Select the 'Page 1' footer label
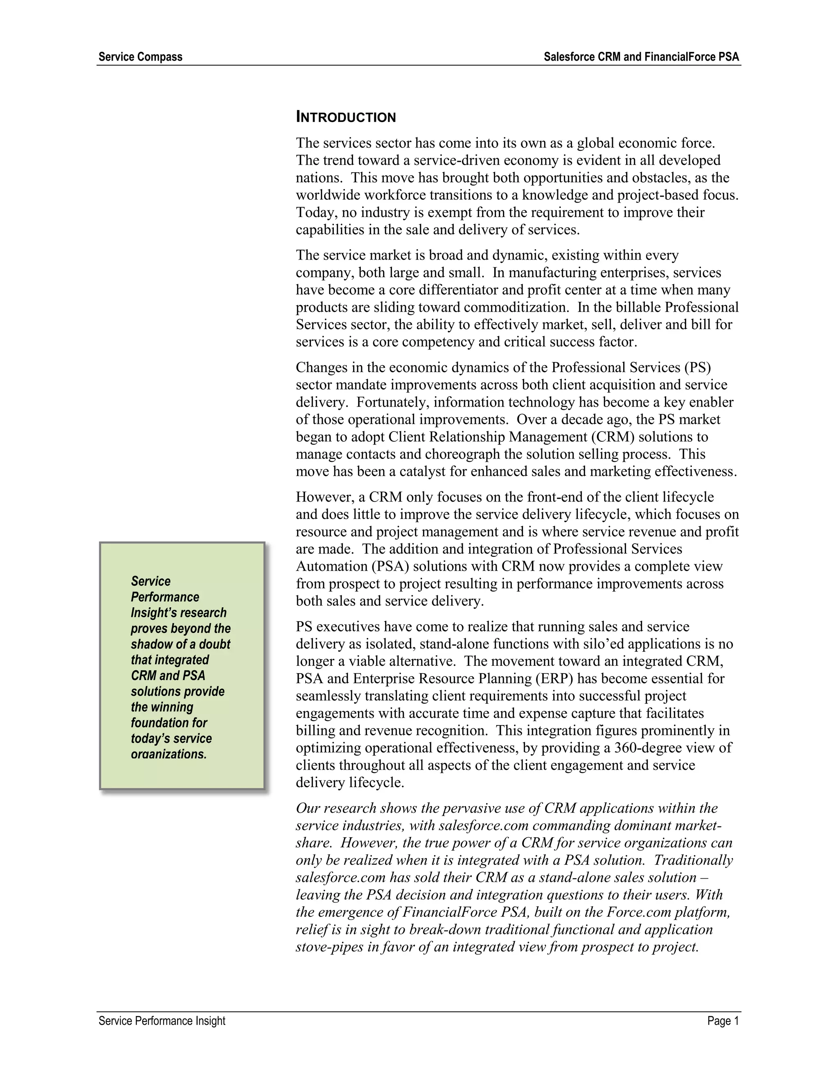(723, 1020)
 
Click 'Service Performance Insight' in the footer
(162, 1020)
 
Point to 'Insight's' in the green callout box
(154, 613)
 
